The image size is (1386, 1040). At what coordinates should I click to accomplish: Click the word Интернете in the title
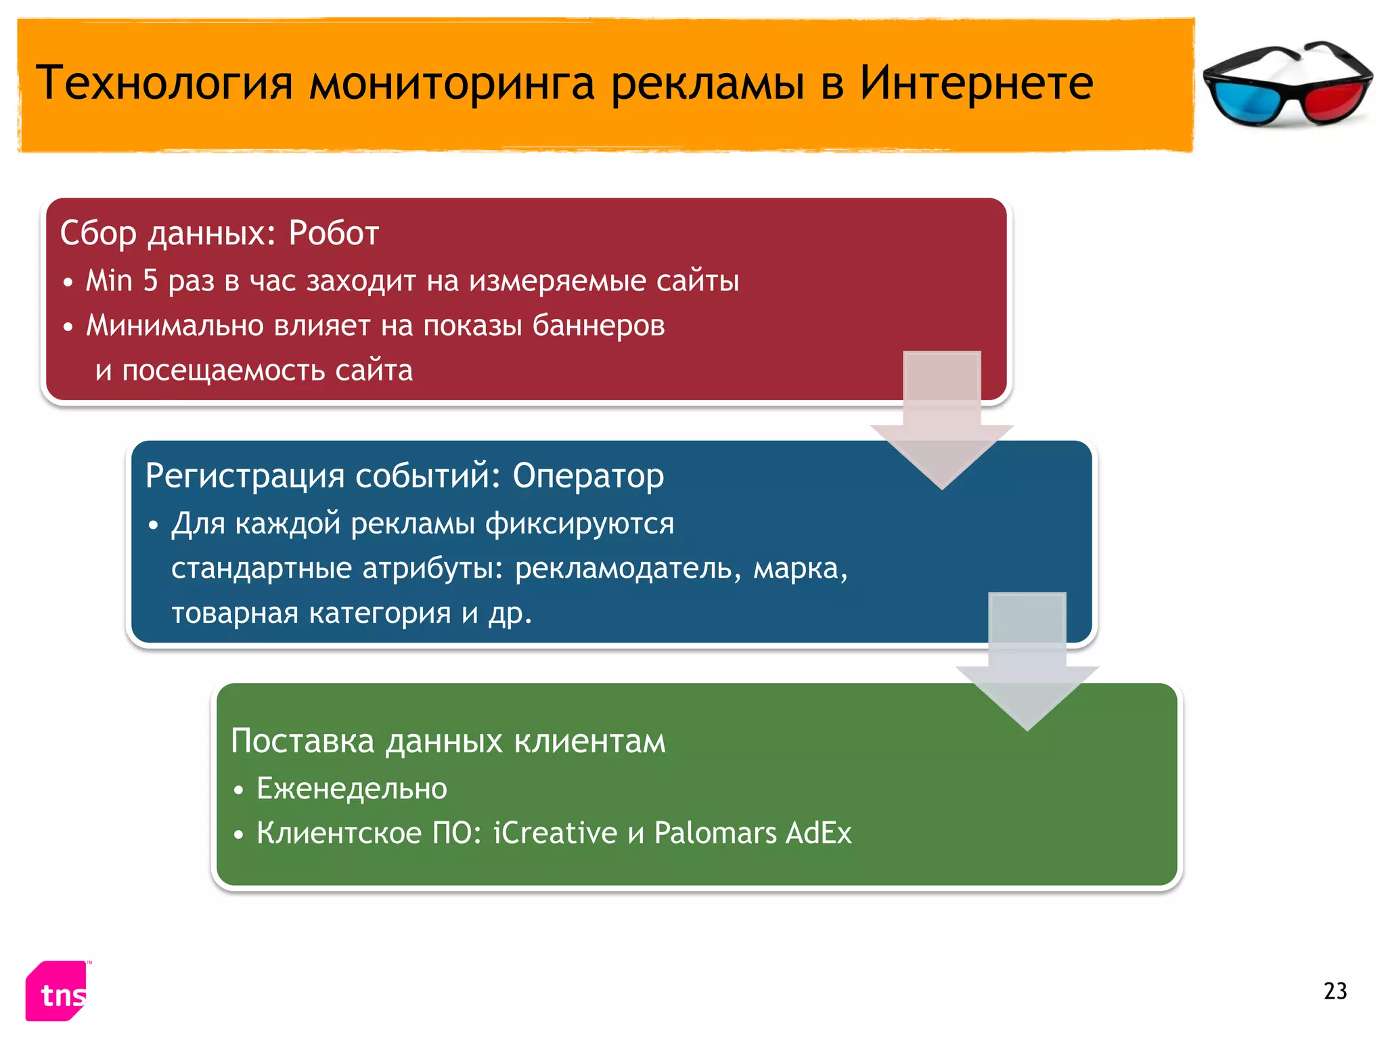(976, 83)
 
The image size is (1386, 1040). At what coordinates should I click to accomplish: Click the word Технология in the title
(164, 84)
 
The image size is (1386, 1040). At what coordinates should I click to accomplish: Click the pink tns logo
(58, 991)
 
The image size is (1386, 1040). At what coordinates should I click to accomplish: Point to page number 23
(1335, 991)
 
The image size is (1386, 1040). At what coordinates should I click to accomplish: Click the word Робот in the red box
(334, 233)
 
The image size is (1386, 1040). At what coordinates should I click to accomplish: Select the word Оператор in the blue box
(588, 475)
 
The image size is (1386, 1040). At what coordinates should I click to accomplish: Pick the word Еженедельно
(352, 789)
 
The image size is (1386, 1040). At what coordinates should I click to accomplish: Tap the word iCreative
(555, 833)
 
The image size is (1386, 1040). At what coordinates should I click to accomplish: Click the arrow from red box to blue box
(941, 427)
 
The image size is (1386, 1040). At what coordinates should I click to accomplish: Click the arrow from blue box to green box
(1027, 667)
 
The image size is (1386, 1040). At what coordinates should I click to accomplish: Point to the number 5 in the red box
(150, 280)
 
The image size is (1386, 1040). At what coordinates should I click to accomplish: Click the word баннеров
(598, 326)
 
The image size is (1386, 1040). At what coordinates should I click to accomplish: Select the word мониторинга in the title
(452, 84)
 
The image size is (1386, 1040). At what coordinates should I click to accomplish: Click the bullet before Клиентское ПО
(238, 835)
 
